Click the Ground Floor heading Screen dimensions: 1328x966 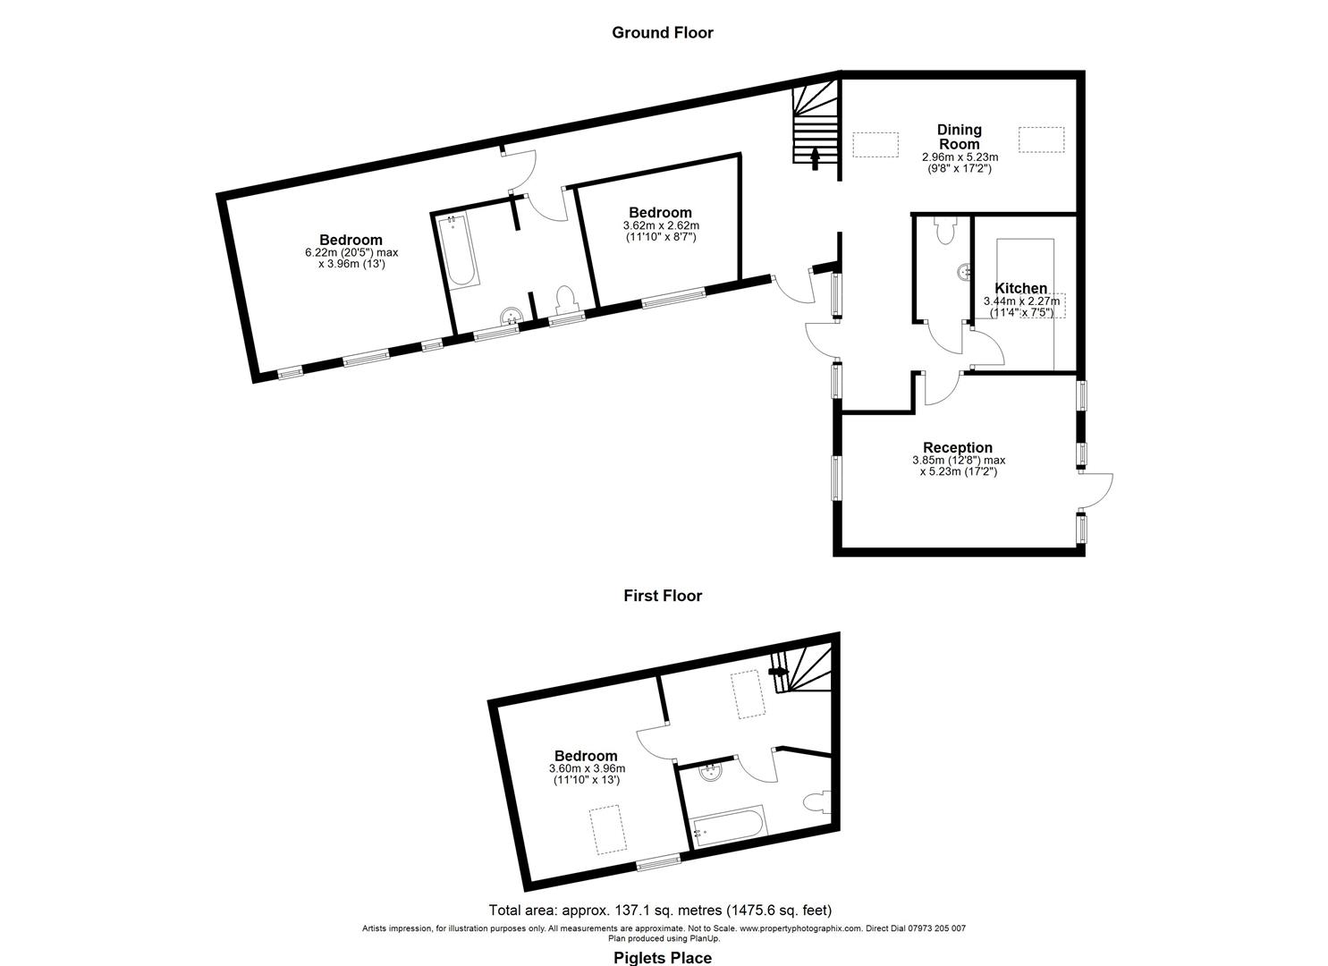(x=663, y=32)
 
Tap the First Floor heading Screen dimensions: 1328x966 (x=663, y=596)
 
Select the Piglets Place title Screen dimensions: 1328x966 (x=663, y=958)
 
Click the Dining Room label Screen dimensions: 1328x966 (x=960, y=136)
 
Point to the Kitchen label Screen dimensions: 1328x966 (x=1020, y=288)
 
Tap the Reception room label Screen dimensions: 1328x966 (x=958, y=447)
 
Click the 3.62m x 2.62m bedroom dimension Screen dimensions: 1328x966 (x=661, y=226)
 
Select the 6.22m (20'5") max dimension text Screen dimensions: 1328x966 (x=351, y=252)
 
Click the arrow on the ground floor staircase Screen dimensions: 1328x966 (x=816, y=159)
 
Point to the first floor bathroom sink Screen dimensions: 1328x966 (x=709, y=772)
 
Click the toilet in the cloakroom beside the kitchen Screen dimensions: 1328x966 (x=944, y=231)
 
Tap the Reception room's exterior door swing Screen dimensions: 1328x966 (x=1095, y=490)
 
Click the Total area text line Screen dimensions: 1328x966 (x=660, y=910)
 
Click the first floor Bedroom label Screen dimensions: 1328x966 (x=586, y=756)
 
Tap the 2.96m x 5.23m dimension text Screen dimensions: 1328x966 (x=960, y=157)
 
